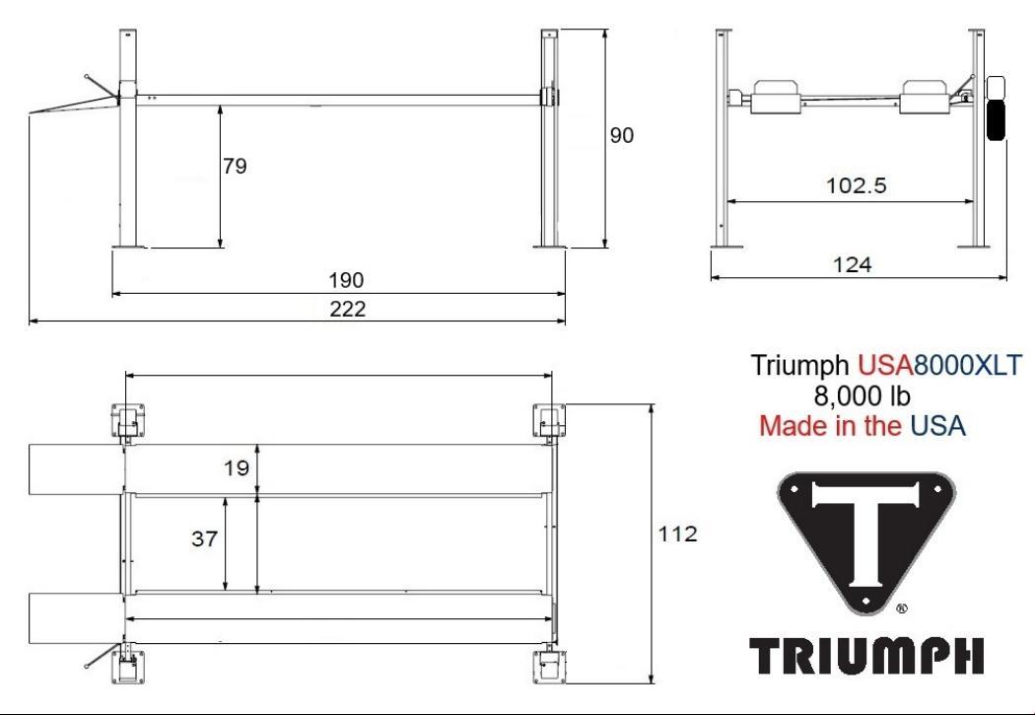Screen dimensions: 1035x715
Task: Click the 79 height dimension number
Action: pyautogui.click(x=235, y=166)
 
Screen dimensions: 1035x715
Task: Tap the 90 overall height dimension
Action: pyautogui.click(x=621, y=135)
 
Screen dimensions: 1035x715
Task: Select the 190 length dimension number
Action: pyautogui.click(x=347, y=281)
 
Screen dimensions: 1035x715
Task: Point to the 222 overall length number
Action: pyautogui.click(x=348, y=309)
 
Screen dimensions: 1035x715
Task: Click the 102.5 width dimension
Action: pyautogui.click(x=857, y=185)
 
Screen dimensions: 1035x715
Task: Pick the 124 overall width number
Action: pyautogui.click(x=853, y=264)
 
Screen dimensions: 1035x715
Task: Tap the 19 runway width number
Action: pyautogui.click(x=237, y=468)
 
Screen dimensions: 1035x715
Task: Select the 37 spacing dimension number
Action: pyautogui.click(x=205, y=538)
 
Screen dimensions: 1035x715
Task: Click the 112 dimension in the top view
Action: pyautogui.click(x=678, y=534)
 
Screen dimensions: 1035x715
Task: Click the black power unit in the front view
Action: pyautogui.click(x=996, y=119)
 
